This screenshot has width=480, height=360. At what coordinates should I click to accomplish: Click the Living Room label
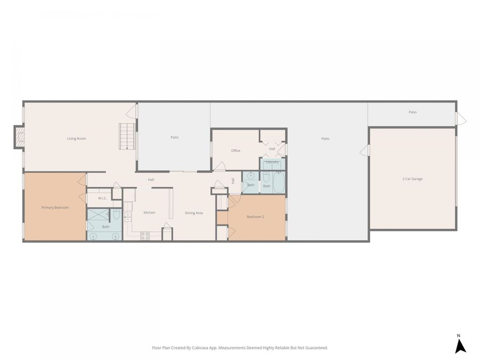coord(76,139)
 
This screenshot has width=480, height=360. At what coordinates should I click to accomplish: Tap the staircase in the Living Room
coord(126,137)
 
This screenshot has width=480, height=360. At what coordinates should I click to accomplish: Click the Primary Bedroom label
coord(55,207)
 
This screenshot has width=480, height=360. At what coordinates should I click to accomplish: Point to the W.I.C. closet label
coord(102,198)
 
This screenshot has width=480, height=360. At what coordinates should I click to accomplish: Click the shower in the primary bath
coord(98,215)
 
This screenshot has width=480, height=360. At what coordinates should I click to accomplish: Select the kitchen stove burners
coord(145,236)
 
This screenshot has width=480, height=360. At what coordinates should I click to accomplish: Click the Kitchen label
coord(149,213)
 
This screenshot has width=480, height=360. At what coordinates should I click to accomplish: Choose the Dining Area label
coord(194,213)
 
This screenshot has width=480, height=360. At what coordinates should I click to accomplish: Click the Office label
coord(236,150)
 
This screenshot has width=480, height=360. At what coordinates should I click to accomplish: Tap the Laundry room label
coord(272,162)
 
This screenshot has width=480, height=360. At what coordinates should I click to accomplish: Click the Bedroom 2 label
coord(255,217)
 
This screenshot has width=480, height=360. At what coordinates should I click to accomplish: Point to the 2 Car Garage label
coord(412,179)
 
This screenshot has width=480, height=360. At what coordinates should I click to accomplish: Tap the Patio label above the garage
coord(412,112)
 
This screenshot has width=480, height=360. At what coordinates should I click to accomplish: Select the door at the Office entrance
coord(219,166)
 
